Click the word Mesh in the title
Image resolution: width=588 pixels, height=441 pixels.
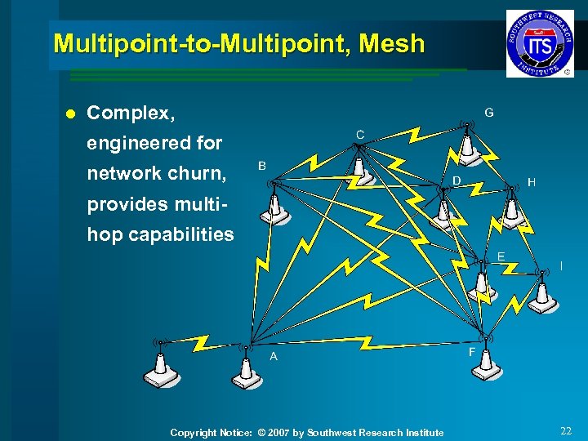click(396, 43)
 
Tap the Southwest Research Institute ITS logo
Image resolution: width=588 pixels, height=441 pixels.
click(540, 43)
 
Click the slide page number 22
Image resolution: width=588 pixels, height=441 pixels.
click(566, 430)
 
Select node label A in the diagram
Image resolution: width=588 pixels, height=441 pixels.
click(274, 357)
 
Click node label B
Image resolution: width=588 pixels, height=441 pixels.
click(262, 166)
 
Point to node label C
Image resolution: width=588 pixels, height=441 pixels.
click(359, 134)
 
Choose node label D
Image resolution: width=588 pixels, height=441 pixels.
click(457, 180)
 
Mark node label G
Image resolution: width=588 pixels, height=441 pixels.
click(488, 112)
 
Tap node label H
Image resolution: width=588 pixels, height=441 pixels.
click(532, 183)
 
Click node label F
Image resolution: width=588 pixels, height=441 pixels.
click(472, 352)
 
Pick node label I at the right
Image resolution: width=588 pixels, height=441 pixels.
click(560, 265)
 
